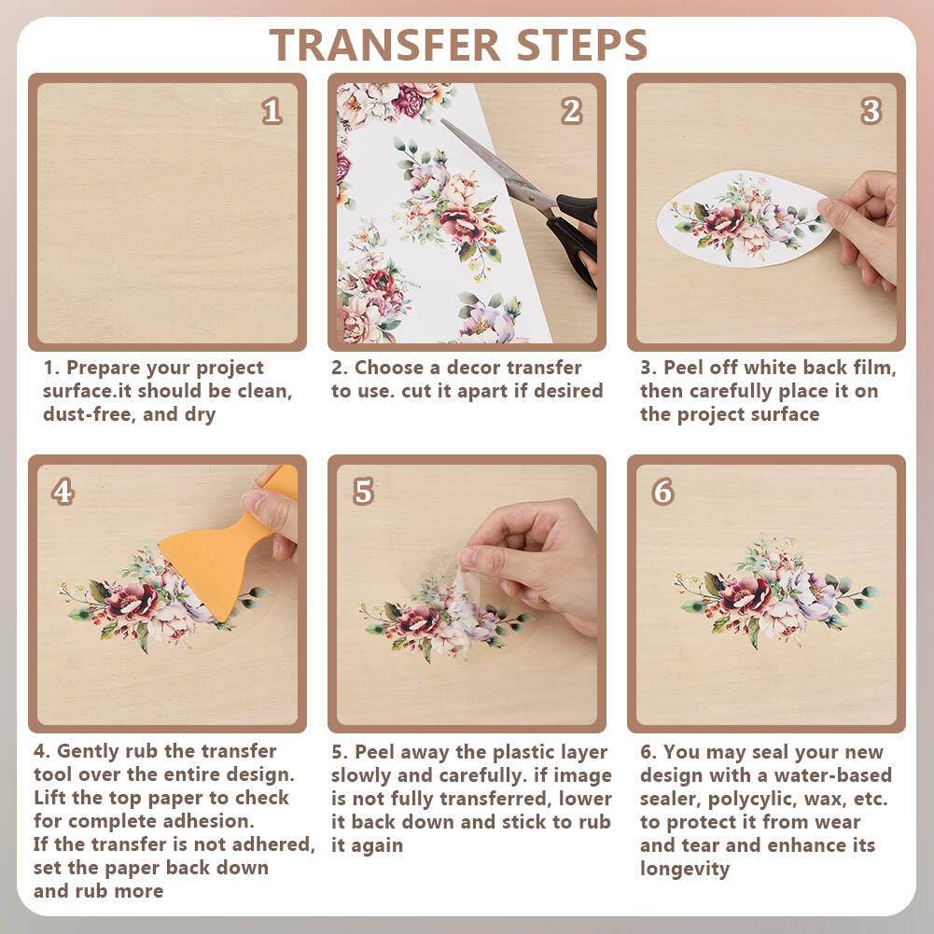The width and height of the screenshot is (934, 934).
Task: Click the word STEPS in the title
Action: [582, 45]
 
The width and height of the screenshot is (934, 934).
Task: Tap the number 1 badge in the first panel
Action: [272, 111]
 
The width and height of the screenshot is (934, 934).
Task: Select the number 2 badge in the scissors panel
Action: [571, 111]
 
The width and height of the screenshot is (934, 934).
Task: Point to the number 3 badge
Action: [871, 111]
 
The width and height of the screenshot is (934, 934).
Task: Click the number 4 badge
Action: [63, 492]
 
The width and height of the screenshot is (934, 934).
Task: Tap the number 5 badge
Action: [363, 492]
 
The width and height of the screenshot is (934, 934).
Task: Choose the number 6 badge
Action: [663, 492]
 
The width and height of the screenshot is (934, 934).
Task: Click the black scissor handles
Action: [574, 233]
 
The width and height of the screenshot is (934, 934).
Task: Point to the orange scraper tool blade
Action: [205, 571]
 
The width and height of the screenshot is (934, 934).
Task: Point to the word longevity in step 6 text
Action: [685, 869]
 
